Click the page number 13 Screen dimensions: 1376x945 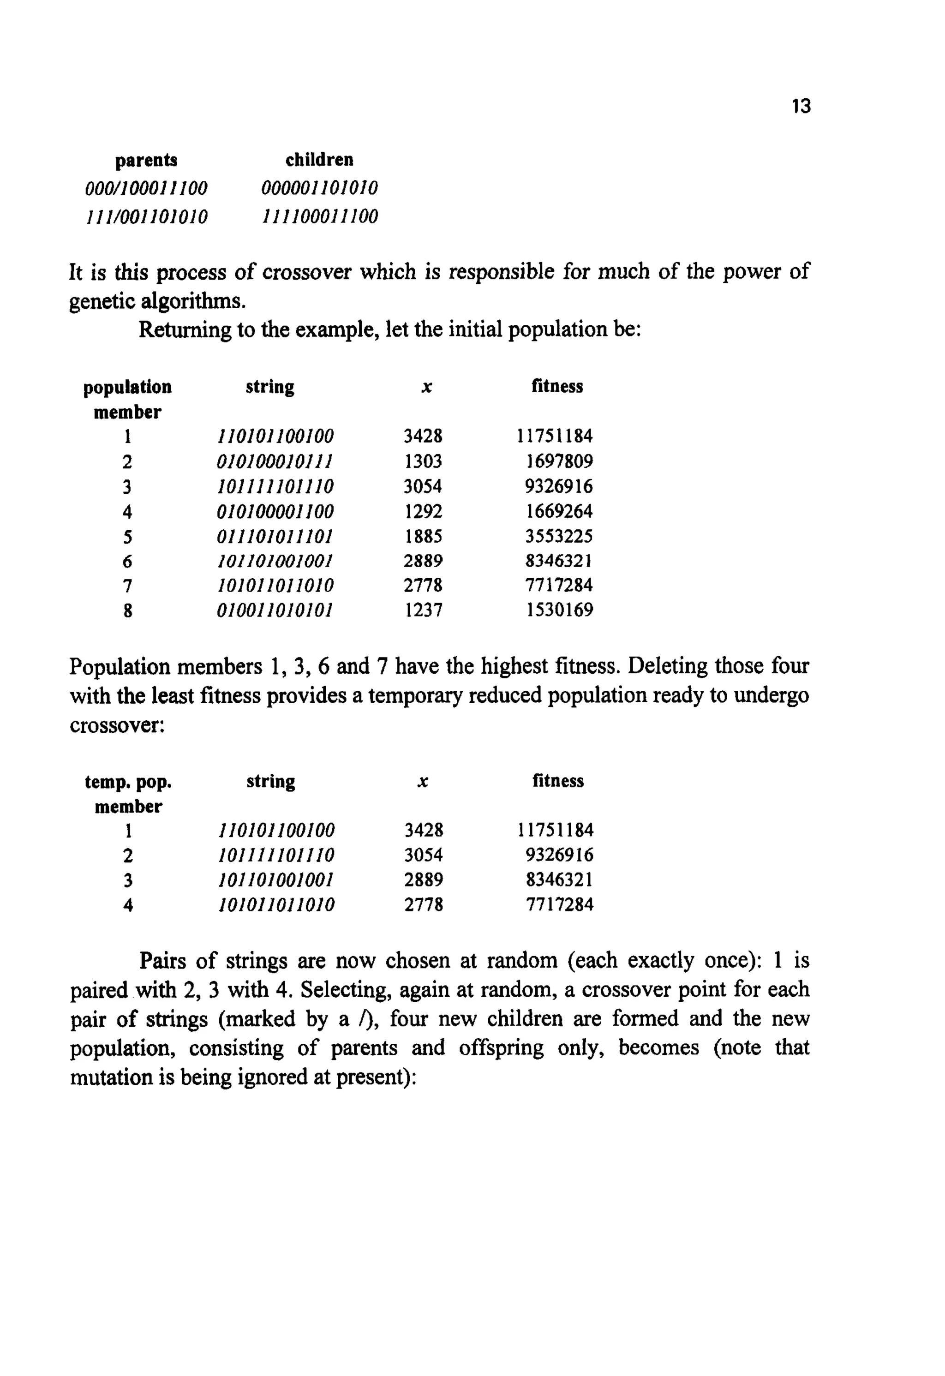[801, 107]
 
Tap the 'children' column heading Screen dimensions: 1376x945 [319, 160]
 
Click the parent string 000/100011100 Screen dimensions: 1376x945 [146, 189]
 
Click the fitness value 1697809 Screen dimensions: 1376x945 [559, 461]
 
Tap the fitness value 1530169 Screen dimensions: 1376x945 [560, 610]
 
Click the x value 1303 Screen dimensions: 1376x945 [423, 461]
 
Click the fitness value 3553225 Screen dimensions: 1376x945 [559, 537]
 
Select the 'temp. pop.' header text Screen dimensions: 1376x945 [128, 782]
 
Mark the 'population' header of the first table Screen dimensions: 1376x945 [127, 387]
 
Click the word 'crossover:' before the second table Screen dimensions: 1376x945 [117, 725]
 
